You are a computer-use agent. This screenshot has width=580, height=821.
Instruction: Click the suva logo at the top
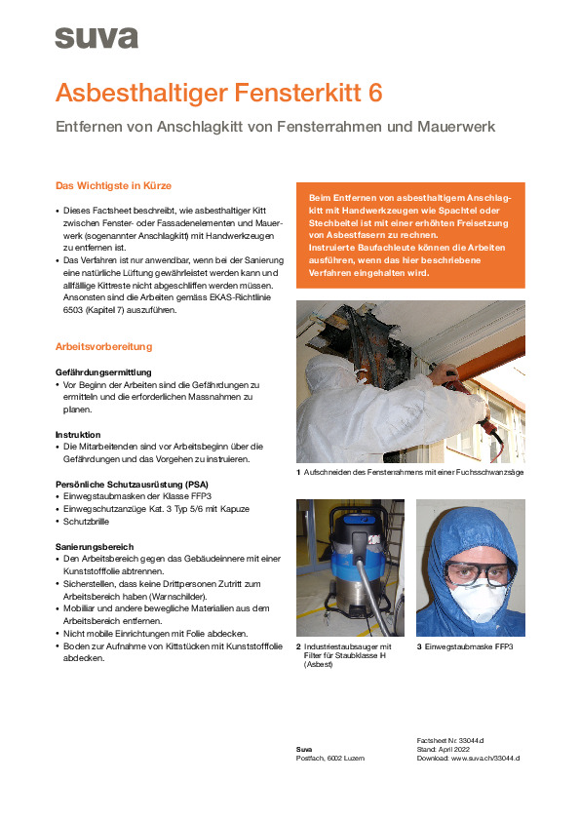click(97, 38)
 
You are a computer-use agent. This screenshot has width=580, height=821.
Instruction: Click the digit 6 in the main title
click(376, 94)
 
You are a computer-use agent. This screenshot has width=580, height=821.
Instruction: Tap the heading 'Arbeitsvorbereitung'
click(103, 346)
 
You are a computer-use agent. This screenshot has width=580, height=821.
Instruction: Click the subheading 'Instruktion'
click(79, 434)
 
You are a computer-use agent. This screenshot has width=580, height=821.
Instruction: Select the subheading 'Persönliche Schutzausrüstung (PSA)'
click(133, 484)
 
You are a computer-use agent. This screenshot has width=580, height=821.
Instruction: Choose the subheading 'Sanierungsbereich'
click(96, 546)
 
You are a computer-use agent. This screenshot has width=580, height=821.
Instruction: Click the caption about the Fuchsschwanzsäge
click(414, 473)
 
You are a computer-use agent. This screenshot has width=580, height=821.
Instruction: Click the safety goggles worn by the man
click(472, 568)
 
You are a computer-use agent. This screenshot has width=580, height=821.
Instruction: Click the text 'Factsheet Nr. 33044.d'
click(449, 740)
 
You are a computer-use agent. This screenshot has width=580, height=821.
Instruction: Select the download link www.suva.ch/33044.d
click(484, 757)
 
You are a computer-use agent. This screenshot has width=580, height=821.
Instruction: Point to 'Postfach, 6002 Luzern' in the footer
click(329, 758)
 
